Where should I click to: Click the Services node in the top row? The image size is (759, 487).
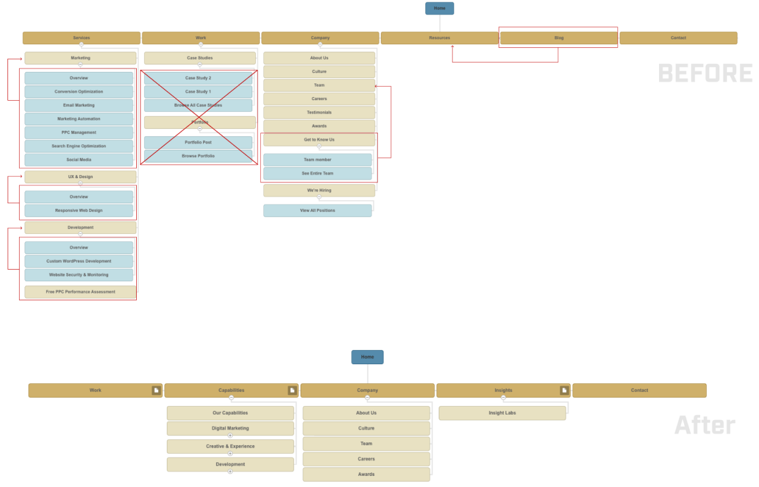tap(81, 38)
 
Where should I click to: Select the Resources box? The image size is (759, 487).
tap(439, 38)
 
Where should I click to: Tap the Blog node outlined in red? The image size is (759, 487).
tap(558, 38)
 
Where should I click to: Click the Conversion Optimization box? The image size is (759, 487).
tap(79, 92)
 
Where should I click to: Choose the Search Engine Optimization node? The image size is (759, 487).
tap(79, 146)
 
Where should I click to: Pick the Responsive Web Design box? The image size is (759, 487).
tap(79, 211)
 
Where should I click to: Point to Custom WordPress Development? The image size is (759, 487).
tap(79, 262)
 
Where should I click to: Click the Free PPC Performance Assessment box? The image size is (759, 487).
tap(80, 292)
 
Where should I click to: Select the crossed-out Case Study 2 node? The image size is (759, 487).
tap(198, 79)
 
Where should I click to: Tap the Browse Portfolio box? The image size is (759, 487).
tap(198, 157)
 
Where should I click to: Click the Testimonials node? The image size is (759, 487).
tap(319, 113)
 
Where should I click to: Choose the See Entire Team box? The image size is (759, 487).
tap(317, 174)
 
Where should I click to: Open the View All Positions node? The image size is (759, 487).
tap(317, 211)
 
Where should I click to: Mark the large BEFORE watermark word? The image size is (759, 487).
tap(705, 74)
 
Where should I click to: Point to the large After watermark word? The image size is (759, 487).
tap(704, 425)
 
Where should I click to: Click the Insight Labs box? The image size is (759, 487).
tap(502, 413)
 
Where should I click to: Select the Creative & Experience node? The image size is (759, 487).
tap(230, 446)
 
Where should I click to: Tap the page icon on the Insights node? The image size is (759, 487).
tap(564, 391)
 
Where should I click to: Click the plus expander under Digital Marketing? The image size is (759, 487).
tap(230, 435)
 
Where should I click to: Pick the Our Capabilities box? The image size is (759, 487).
tap(230, 413)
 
